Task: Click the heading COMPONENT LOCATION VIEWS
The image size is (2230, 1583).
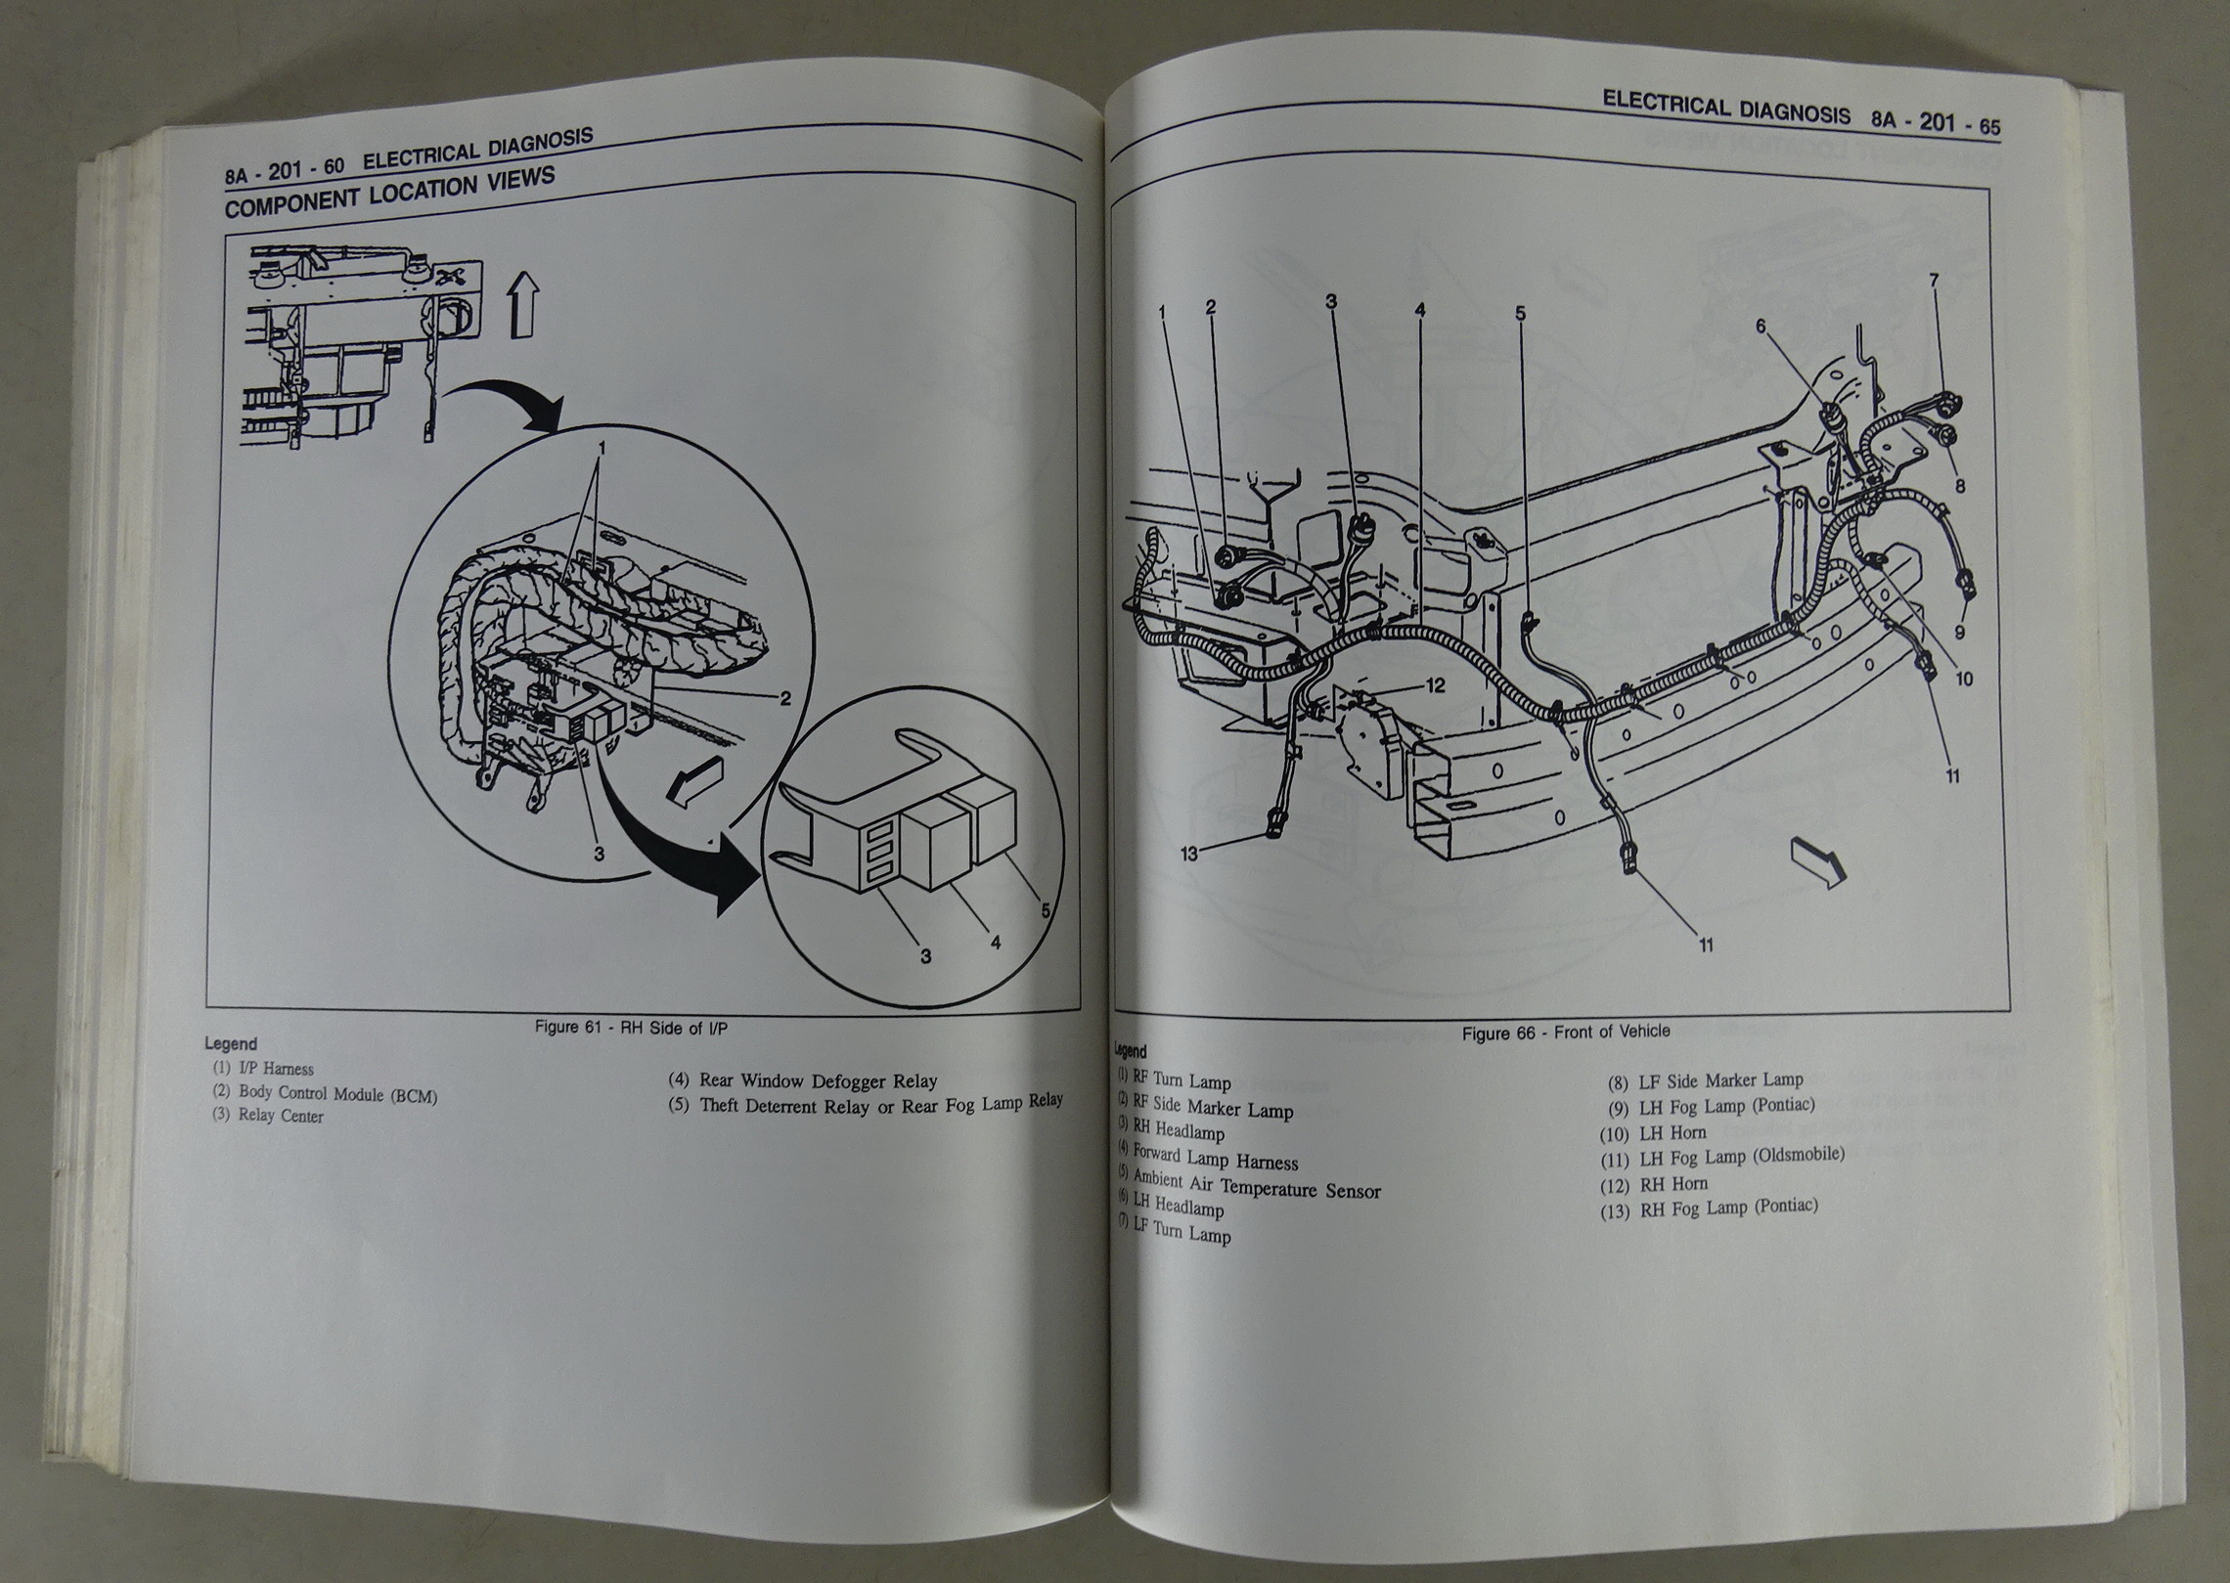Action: [x=389, y=194]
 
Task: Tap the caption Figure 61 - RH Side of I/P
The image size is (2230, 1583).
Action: [x=645, y=1028]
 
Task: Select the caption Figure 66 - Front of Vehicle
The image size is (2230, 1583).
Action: [x=1565, y=1032]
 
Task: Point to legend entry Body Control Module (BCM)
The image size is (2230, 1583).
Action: [x=326, y=1094]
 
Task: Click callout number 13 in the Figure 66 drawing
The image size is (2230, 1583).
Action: [x=1188, y=854]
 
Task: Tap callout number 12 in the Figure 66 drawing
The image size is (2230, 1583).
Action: [x=1435, y=685]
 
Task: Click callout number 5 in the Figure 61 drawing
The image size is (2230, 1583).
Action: [x=1045, y=909]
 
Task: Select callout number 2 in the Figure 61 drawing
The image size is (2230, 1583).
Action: [x=783, y=698]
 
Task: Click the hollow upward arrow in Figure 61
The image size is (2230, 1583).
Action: [x=524, y=305]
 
